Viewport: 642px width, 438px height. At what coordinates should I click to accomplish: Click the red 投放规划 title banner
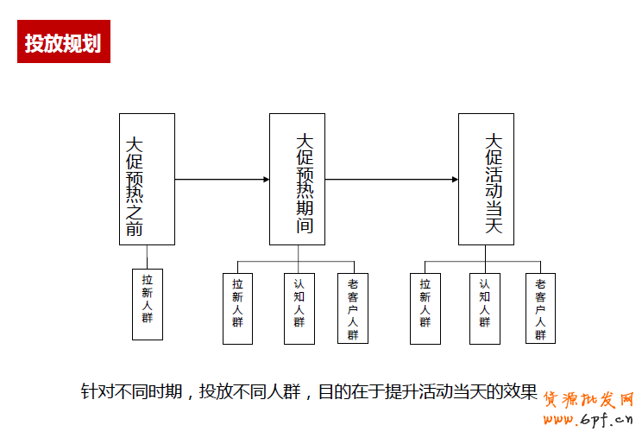point(64,42)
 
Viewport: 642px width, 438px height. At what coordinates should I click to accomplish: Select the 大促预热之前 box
point(147,179)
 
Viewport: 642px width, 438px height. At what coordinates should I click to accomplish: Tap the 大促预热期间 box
point(298,179)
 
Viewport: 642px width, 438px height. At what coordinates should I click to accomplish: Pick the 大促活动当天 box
point(486,179)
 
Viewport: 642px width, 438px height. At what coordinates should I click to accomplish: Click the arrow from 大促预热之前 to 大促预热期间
point(222,180)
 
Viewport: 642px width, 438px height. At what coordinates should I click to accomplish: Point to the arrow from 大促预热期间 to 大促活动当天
point(392,180)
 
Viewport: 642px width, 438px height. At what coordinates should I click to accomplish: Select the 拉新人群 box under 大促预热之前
point(148,304)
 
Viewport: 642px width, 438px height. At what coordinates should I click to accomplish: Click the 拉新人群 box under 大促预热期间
point(237,308)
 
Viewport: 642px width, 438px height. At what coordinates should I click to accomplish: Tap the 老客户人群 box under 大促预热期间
point(353,308)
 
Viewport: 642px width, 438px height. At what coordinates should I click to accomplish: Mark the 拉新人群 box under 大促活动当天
point(425,308)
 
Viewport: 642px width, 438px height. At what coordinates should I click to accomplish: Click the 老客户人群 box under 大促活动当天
point(540,308)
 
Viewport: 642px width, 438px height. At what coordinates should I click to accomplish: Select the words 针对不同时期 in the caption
point(131,391)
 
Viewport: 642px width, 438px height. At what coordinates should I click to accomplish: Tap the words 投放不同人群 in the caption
point(249,391)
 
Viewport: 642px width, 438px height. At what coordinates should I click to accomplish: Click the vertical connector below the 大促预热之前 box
point(147,257)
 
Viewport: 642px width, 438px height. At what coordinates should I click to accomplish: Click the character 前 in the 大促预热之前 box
point(135,229)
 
